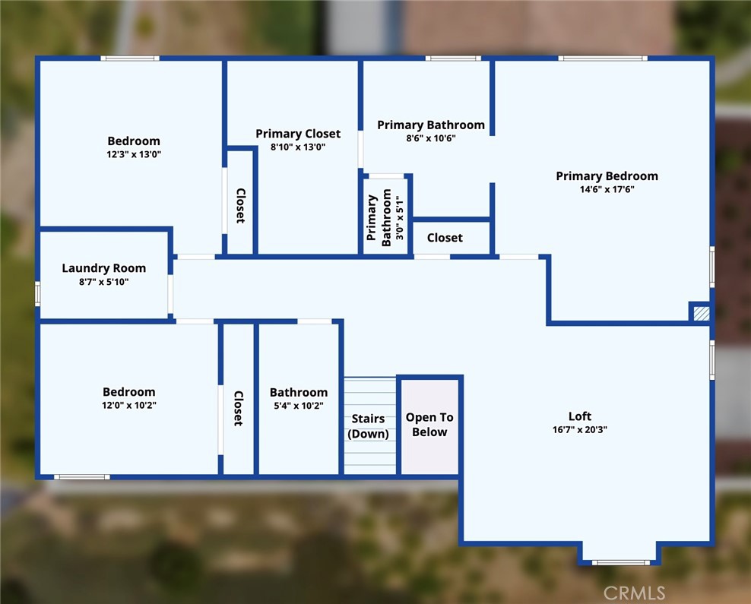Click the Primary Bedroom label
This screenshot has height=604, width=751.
point(607,176)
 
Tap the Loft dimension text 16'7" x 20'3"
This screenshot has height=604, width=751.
point(579,430)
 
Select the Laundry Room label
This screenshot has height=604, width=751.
point(104,268)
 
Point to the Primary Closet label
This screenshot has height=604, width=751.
point(298,134)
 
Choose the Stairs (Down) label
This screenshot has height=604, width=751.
point(368,426)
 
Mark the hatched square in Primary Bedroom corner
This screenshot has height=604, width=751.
point(701,314)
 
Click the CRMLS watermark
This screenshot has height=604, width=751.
point(634,593)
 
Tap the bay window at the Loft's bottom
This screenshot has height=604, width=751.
point(621,562)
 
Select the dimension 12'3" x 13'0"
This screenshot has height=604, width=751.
point(134,154)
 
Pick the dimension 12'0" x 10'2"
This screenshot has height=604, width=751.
point(128,406)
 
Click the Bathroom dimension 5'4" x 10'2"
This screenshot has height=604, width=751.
point(299,406)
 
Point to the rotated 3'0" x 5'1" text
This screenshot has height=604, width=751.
point(400,220)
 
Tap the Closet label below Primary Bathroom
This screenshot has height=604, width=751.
point(445,238)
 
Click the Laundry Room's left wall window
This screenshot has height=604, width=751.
point(38,293)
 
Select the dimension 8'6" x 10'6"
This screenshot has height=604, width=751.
point(430,138)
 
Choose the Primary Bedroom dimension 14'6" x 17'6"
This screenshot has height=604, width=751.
point(607,189)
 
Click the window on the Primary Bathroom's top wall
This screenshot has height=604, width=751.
point(453,59)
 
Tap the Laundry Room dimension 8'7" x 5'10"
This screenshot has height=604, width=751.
point(104,282)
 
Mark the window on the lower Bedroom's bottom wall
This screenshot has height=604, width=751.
point(82,476)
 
